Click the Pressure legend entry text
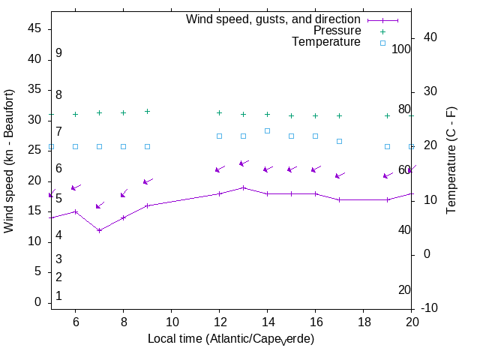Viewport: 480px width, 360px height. (337, 31)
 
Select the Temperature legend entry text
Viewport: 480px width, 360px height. (326, 42)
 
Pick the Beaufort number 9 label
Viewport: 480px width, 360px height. (58, 53)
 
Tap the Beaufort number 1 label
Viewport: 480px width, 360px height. (58, 296)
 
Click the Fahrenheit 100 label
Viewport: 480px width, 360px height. (402, 49)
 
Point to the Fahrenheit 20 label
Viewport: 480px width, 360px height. (404, 290)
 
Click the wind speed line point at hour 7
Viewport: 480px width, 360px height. (99, 230)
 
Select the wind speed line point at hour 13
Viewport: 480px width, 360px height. (243, 187)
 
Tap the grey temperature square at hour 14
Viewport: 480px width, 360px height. (267, 130)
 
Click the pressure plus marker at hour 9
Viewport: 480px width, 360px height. (147, 111)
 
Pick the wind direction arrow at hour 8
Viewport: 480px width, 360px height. (124, 193)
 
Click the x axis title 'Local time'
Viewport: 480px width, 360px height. (230, 339)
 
